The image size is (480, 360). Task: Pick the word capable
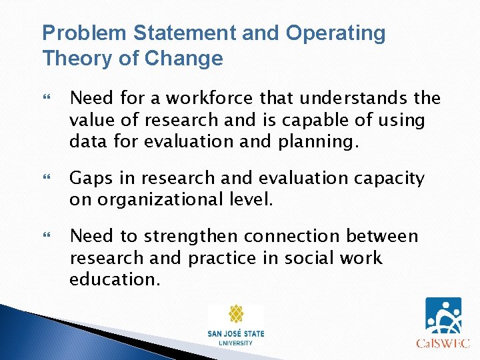(316, 119)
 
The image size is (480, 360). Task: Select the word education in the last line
(113, 279)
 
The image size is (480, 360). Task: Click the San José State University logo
(235, 325)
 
